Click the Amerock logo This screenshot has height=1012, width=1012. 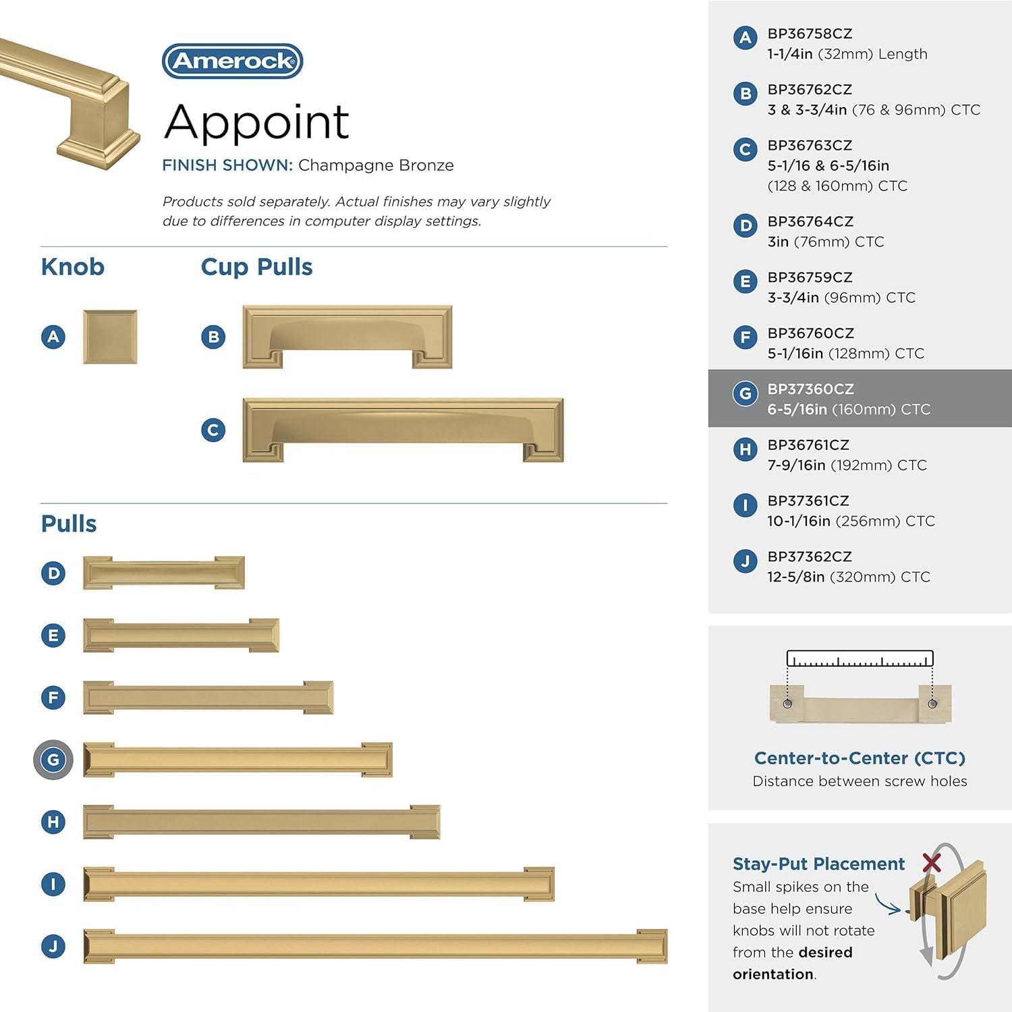tap(232, 61)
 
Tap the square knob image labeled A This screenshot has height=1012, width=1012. tap(110, 337)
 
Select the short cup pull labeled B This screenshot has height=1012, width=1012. tap(347, 337)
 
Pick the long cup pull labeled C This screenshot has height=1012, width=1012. tap(403, 430)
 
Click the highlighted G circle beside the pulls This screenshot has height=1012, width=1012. tap(53, 760)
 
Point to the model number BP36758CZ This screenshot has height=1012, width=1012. tap(810, 34)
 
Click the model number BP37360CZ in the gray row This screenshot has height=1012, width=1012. tap(810, 389)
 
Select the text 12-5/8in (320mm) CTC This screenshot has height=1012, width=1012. tap(848, 577)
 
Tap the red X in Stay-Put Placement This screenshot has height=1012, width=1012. tap(932, 862)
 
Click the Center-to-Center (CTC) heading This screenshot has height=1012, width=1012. tap(860, 758)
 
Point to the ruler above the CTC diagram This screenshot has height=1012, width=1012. tap(860, 659)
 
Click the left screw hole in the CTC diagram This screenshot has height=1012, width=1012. tap(787, 704)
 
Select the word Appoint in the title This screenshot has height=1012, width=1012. tap(256, 122)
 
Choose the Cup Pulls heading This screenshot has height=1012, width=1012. tap(256, 267)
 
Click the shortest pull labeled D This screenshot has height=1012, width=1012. tap(163, 573)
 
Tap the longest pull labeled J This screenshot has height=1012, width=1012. tap(375, 946)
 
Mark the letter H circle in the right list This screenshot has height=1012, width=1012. tap(745, 449)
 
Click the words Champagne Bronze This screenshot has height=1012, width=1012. tap(376, 165)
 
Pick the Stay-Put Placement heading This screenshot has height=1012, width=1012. tap(818, 864)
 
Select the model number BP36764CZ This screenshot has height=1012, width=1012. tap(810, 222)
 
